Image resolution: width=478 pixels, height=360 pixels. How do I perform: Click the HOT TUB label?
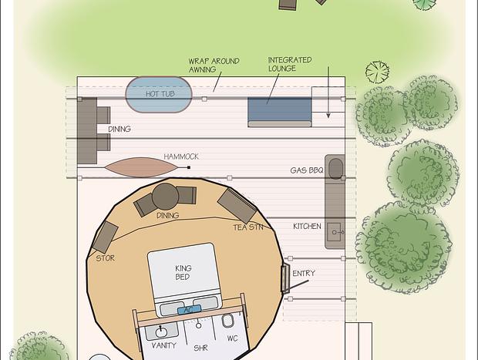(x=160, y=94)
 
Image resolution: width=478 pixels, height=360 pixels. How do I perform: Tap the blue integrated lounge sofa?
(x=280, y=112)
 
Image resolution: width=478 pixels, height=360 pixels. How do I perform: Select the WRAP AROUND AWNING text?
(x=214, y=66)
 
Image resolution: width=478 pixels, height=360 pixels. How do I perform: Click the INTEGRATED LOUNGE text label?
(x=290, y=64)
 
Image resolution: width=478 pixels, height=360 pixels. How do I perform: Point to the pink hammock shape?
(x=141, y=167)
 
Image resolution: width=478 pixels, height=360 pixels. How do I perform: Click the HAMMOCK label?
(x=181, y=156)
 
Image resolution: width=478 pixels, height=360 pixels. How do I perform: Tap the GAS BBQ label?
(x=307, y=170)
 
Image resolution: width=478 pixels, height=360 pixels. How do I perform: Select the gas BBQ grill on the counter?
(x=335, y=168)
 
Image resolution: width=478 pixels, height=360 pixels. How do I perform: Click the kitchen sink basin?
(x=335, y=232)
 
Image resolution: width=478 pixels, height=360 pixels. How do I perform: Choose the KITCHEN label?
(x=307, y=226)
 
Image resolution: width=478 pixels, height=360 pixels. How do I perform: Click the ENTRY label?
(x=304, y=274)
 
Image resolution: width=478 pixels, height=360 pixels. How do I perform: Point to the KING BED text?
(x=183, y=273)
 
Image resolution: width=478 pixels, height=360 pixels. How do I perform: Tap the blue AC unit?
(x=189, y=310)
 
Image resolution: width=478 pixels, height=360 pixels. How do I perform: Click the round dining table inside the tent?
(x=165, y=197)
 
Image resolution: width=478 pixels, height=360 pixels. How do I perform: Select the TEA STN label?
(x=248, y=227)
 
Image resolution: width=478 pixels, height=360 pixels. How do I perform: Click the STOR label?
(x=105, y=258)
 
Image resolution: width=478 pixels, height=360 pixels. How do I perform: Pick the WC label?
(x=232, y=338)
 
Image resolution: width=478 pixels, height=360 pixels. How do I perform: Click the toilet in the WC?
(x=227, y=321)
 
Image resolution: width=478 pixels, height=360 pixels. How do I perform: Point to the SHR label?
(x=200, y=348)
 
